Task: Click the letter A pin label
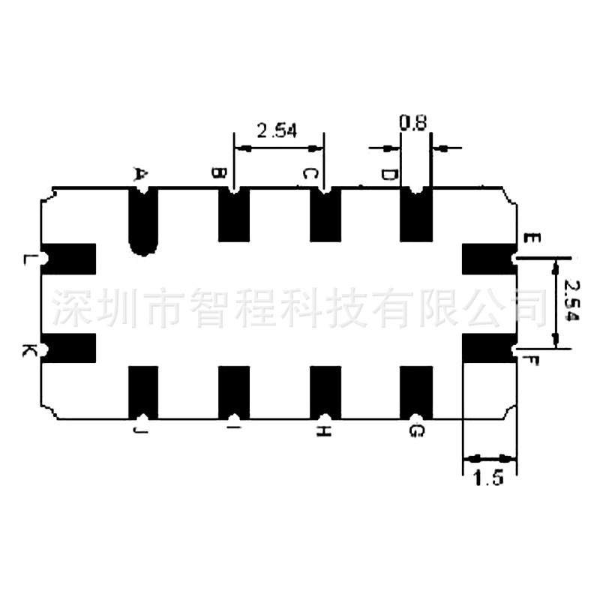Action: point(139,174)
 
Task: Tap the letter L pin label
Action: point(28,259)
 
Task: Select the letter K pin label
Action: point(28,350)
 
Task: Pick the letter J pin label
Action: point(139,430)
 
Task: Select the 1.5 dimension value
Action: point(488,478)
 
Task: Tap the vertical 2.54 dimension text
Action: point(572,301)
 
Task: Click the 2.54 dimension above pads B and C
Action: point(277,130)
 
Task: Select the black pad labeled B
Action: point(234,215)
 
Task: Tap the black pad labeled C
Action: point(325,215)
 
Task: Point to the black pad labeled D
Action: point(416,215)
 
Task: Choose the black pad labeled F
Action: point(488,347)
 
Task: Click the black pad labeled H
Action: point(325,391)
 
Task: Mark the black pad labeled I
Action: point(234,391)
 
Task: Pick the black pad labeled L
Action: point(70,258)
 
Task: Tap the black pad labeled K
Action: point(70,347)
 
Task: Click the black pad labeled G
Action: point(416,391)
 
